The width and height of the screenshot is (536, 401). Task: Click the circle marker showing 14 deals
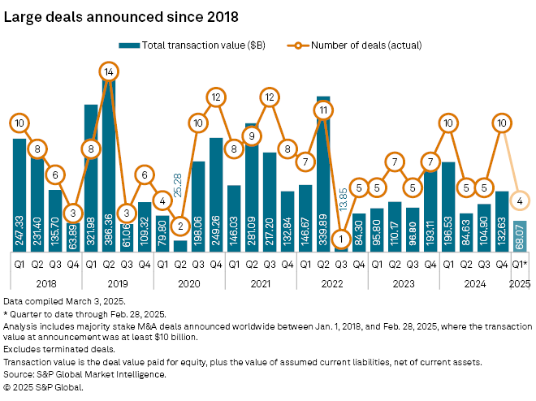point(110,71)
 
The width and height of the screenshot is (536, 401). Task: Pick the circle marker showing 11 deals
point(323,110)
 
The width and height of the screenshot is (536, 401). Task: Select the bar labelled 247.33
point(19,195)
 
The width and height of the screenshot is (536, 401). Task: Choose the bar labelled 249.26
point(216,195)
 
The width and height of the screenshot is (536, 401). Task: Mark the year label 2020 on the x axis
point(189,283)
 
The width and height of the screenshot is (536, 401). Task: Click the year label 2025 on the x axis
point(520,283)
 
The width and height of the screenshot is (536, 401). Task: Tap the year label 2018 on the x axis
point(46,283)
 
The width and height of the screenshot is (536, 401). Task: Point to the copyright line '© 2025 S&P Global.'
point(43,387)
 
